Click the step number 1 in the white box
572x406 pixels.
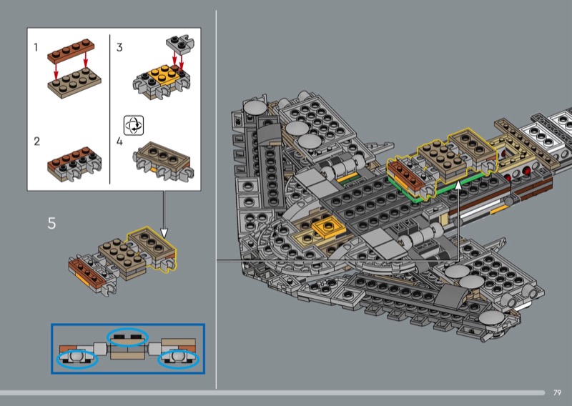pos(36,47)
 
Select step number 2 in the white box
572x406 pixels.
pos(36,141)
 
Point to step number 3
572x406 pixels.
pos(119,47)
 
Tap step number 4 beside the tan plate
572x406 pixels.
pos(119,142)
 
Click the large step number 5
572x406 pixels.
pos(51,223)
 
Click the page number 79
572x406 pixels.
pos(557,392)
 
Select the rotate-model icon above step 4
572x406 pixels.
pos(134,125)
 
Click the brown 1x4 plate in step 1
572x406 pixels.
pos(71,51)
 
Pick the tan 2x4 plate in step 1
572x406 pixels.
pos(74,83)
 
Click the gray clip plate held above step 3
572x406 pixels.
pos(180,44)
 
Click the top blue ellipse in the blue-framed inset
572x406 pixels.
pos(127,337)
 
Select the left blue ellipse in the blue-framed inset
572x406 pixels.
pos(77,360)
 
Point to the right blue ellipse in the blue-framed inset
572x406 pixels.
pos(178,360)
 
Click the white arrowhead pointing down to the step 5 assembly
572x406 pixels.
pos(164,233)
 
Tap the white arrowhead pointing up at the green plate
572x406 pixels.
pos(458,185)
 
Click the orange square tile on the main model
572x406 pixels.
pos(328,227)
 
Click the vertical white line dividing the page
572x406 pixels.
pos(216,199)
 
